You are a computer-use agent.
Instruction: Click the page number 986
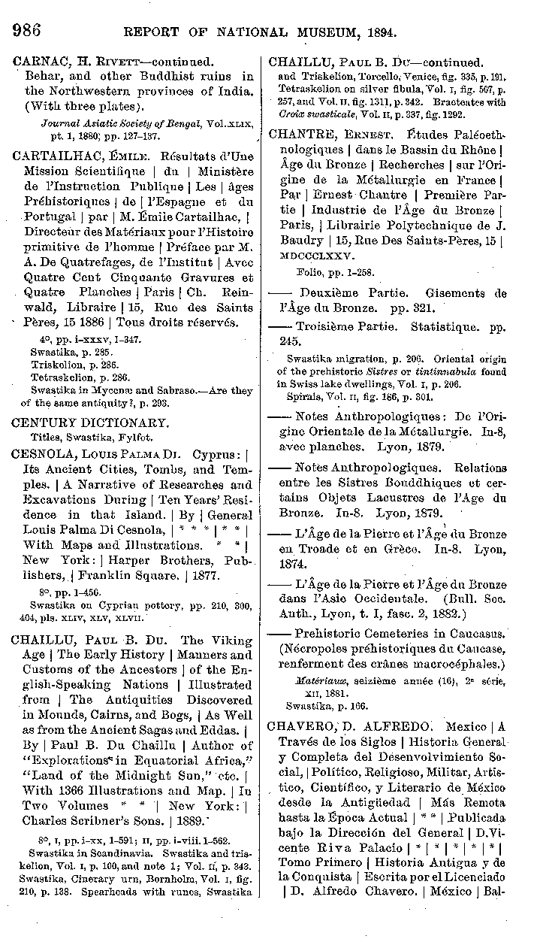click(x=26, y=31)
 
